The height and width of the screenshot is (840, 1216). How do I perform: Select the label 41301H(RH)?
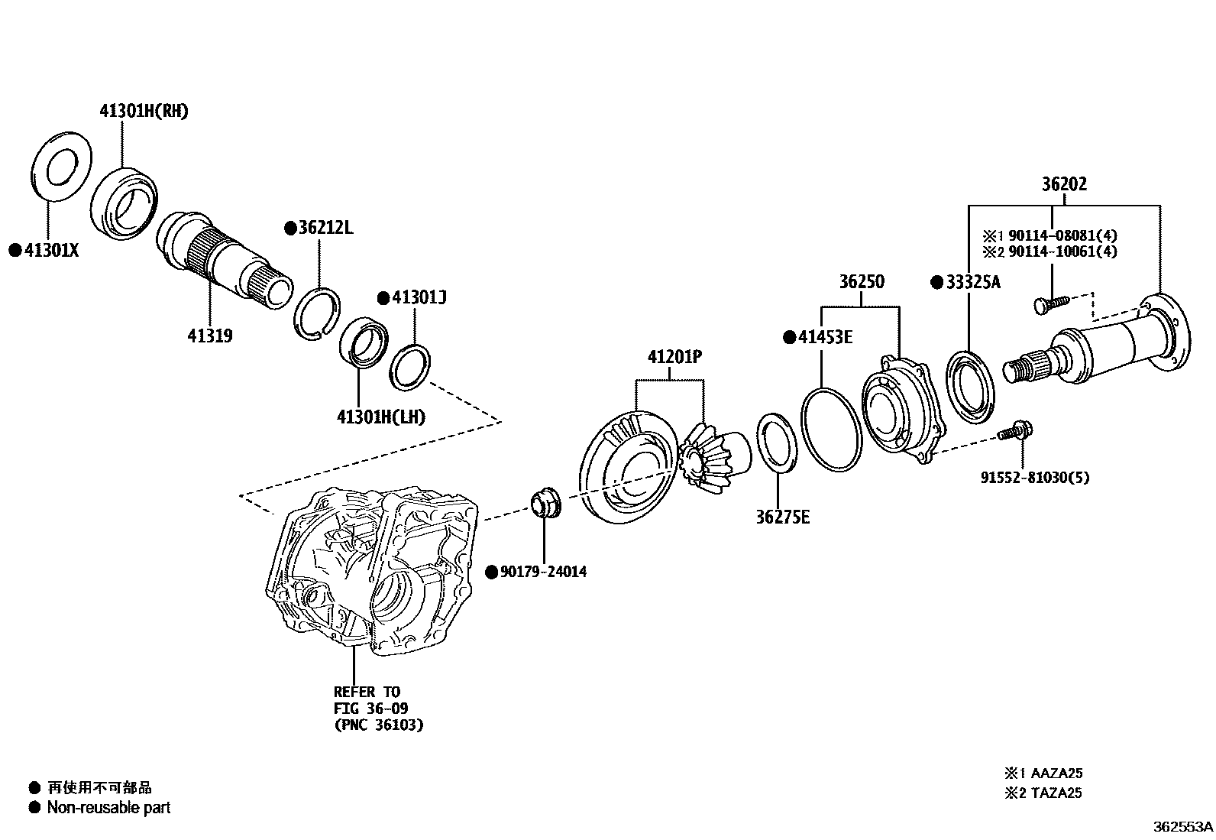click(144, 112)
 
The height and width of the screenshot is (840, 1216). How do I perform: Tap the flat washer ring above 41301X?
click(61, 167)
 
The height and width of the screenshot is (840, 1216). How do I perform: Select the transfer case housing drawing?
click(372, 570)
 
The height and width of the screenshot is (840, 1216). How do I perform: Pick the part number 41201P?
click(674, 356)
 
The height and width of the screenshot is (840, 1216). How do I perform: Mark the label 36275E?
click(782, 517)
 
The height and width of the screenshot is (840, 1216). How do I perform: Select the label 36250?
click(862, 281)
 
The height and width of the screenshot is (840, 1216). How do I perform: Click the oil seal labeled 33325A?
click(971, 386)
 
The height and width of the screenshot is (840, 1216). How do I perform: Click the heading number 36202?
click(1064, 184)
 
